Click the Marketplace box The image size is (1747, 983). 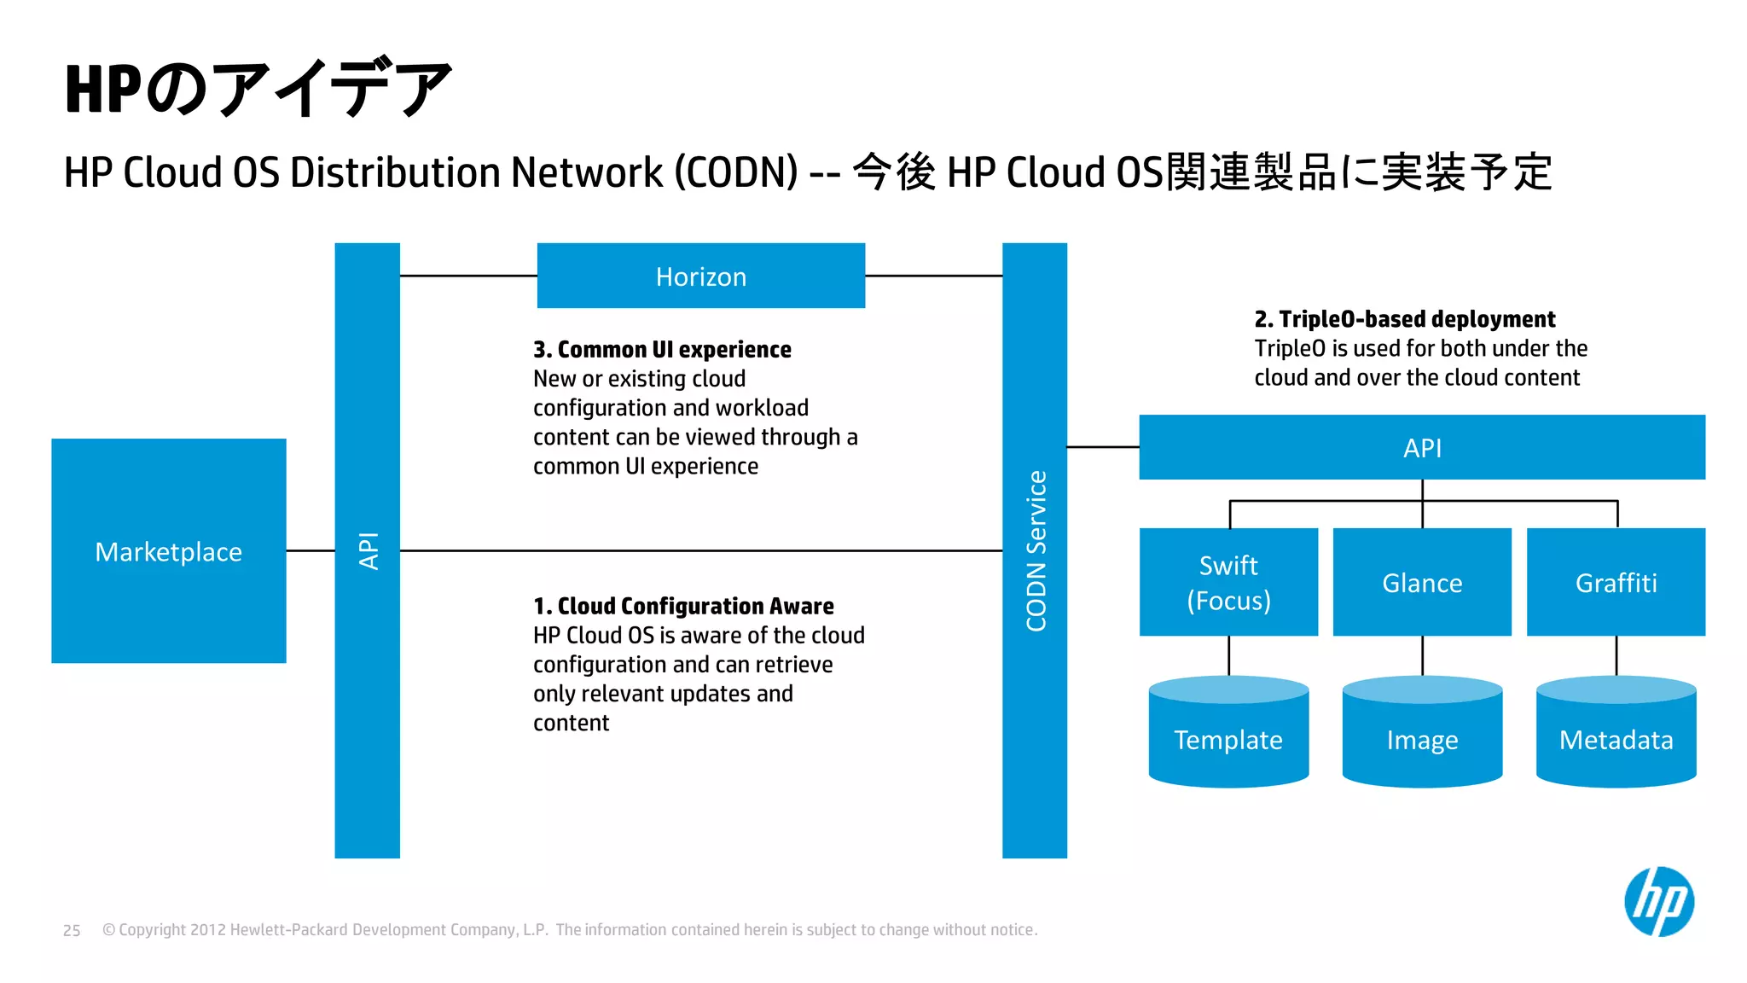(x=169, y=551)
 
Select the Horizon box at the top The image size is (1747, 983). (x=700, y=276)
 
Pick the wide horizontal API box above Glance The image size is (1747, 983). (x=1422, y=447)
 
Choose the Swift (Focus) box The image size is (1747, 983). (x=1228, y=582)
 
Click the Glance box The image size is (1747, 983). (x=1422, y=582)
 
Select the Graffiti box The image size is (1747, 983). (x=1616, y=582)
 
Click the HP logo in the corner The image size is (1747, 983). (x=1658, y=902)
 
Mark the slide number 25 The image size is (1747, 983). (x=72, y=930)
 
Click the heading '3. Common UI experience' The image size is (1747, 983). (x=662, y=350)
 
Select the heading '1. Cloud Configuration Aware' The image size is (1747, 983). (x=683, y=606)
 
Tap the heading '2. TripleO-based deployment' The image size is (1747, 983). (x=1404, y=319)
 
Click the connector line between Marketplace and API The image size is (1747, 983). (x=311, y=550)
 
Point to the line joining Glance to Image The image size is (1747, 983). (x=1422, y=655)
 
